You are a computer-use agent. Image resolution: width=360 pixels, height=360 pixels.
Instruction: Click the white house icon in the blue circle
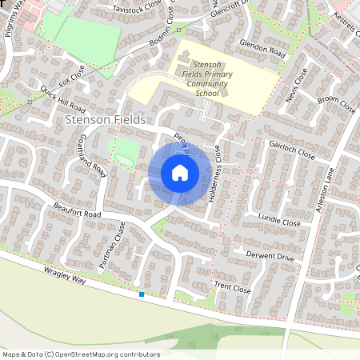pyautogui.click(x=180, y=173)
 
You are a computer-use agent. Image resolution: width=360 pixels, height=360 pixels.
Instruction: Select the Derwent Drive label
pyautogui.click(x=273, y=258)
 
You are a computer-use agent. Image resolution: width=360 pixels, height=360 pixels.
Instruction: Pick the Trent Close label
pyautogui.click(x=233, y=287)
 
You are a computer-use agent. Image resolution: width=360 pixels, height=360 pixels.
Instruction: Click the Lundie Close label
pyautogui.click(x=279, y=222)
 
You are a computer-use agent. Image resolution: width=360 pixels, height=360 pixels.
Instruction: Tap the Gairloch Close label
pyautogui.click(x=291, y=151)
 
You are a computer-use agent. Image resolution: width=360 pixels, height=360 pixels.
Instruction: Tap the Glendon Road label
pyautogui.click(x=262, y=50)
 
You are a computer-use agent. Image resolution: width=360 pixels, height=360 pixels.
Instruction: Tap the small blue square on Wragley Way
pyautogui.click(x=142, y=294)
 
